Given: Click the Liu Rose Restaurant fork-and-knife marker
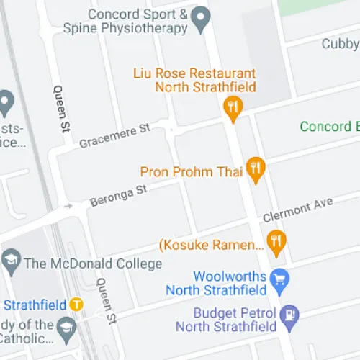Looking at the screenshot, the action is (x=232, y=108).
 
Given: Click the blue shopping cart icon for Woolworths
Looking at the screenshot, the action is (x=279, y=277).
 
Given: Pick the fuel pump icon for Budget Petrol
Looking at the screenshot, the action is (x=290, y=315).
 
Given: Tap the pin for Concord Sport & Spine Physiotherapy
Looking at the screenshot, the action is (x=199, y=15).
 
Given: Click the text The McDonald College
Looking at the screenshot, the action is (x=93, y=264).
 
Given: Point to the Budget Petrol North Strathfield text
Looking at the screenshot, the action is (x=235, y=320).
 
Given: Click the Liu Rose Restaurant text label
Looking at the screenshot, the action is (x=194, y=81).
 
